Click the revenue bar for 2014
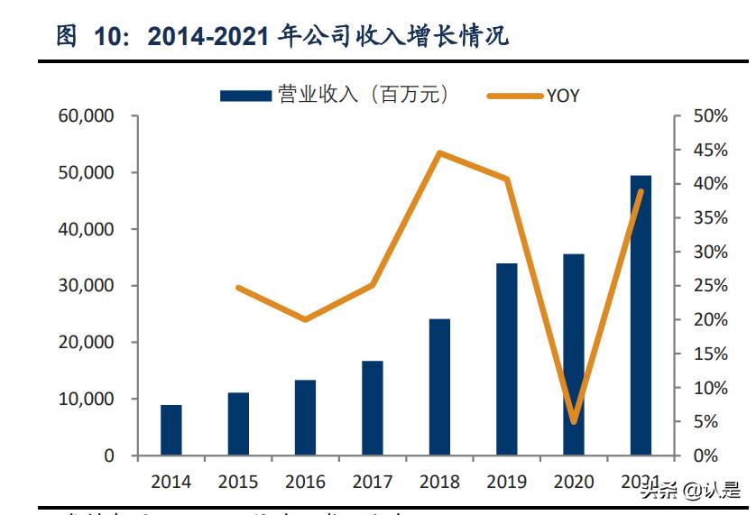coord(171,430)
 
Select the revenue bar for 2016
coord(305,418)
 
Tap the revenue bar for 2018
coord(439,387)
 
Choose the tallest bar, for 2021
coord(641,315)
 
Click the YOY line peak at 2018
coord(439,152)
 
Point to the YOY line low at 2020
coord(574,421)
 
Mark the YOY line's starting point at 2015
coord(238,288)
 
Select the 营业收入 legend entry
coord(334,95)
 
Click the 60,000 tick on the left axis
coord(88,116)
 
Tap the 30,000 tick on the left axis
coord(88,286)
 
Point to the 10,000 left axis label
coord(88,400)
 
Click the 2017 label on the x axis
coord(372,482)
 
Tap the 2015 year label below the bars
coord(238,482)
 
